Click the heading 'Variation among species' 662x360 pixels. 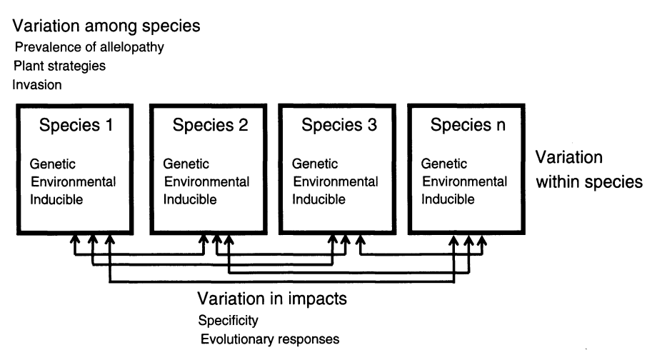[x=106, y=26]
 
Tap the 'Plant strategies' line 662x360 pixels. [x=59, y=66]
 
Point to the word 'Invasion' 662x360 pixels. [x=37, y=84]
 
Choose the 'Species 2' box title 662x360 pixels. [x=210, y=126]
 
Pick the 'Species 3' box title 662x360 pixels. [x=339, y=126]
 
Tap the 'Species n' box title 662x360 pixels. [x=468, y=126]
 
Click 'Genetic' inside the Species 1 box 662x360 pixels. [x=51, y=164]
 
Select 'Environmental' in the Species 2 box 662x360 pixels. [x=206, y=181]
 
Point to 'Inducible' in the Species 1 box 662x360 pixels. [x=56, y=199]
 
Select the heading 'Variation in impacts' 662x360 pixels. [x=272, y=299]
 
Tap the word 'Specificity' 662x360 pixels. [x=229, y=320]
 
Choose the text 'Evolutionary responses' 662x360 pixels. [x=269, y=339]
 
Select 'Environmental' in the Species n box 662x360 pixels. [x=464, y=181]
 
